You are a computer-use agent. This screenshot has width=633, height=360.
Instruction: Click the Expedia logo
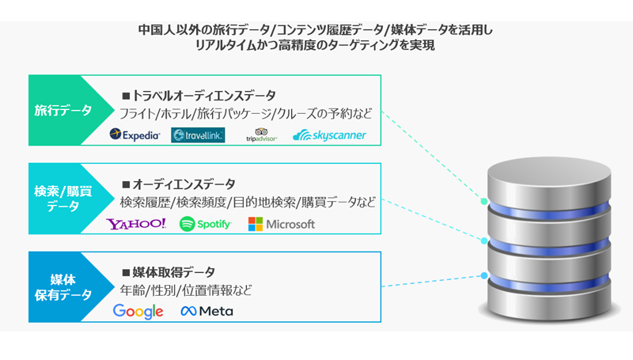(135, 135)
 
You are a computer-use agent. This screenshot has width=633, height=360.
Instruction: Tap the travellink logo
(198, 135)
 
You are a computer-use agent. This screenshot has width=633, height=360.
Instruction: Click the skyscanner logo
(329, 135)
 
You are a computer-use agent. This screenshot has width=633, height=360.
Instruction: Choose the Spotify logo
(205, 224)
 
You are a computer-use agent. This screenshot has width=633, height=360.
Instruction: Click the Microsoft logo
(281, 224)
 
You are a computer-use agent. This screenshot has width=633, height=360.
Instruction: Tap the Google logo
(138, 311)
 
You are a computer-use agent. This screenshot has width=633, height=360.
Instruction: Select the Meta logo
(207, 311)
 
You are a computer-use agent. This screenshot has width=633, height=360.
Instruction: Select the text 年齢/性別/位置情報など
(186, 290)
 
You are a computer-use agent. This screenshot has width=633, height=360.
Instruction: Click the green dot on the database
(484, 202)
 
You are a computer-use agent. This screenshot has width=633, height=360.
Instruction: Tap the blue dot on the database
(483, 276)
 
